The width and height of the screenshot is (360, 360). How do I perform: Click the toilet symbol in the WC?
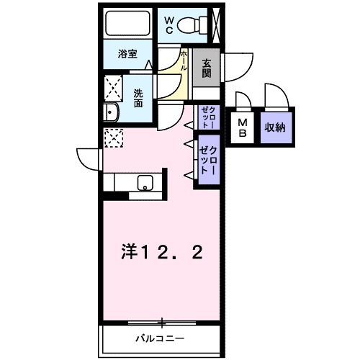(x=192, y=25)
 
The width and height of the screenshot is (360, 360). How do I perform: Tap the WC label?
(x=168, y=25)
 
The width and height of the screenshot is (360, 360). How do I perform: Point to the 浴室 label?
(x=127, y=54)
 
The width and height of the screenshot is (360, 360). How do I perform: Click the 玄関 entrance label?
(x=207, y=68)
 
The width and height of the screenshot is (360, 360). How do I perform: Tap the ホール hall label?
(x=184, y=60)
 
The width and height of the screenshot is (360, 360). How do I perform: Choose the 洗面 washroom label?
(x=138, y=98)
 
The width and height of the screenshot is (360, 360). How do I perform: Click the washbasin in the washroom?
(x=111, y=112)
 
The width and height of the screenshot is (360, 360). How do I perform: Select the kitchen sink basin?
(x=145, y=183)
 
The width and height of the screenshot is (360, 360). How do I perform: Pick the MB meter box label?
(x=243, y=127)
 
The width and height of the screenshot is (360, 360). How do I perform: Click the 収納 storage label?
(x=275, y=127)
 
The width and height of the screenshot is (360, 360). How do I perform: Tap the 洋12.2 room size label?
(x=162, y=253)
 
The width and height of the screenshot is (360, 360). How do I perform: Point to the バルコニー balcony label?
(x=161, y=339)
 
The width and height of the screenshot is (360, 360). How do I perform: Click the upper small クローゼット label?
(x=207, y=117)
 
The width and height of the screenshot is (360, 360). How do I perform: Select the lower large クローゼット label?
(x=208, y=160)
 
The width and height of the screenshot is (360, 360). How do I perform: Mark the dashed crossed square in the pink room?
(x=114, y=138)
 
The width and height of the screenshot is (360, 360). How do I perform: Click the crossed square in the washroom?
(x=113, y=89)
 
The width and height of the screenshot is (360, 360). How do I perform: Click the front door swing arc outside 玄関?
(x=239, y=67)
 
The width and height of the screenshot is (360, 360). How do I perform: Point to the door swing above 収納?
(x=276, y=96)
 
